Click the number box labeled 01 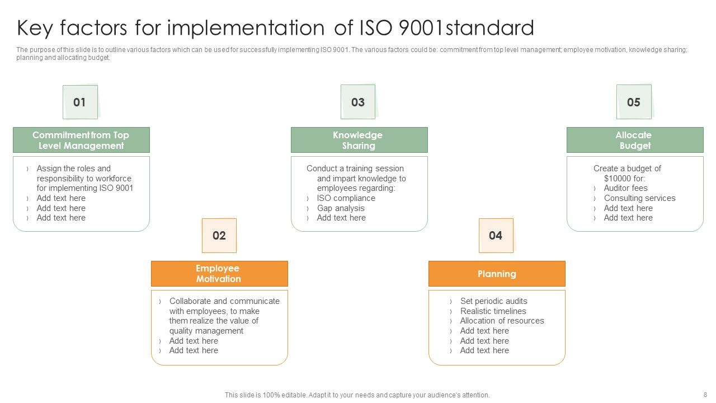point(80,102)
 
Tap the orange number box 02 point(219,236)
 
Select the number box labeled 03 point(358,102)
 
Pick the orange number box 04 point(496,236)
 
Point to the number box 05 point(634,102)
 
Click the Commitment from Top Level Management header point(81,140)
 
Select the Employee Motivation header point(219,274)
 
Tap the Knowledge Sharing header point(359,140)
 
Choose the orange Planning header point(497,274)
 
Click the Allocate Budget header point(634,140)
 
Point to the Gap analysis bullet point(341,208)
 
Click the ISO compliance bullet point(346,198)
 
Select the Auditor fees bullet point(625,188)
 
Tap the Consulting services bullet point(639,198)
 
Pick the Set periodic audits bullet point(493,301)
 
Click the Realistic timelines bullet point(493,311)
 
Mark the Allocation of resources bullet point(502,321)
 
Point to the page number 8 point(705,395)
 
